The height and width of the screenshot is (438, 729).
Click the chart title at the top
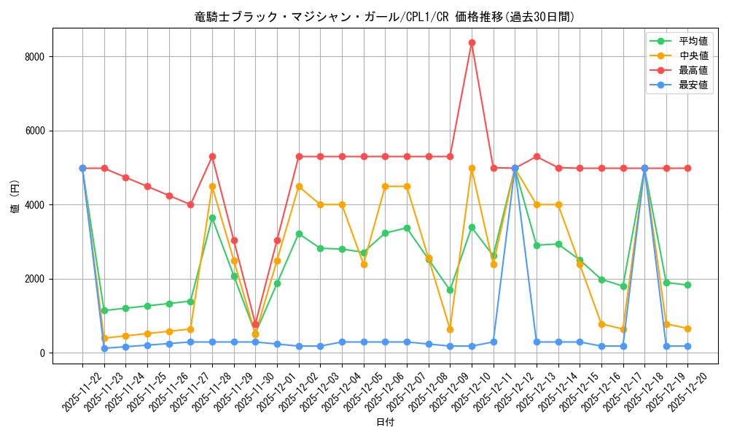coord(384,17)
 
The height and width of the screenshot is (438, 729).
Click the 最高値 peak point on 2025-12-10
coord(472,42)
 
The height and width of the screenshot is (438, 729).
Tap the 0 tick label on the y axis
coord(42,353)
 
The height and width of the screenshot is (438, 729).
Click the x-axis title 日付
coord(385,423)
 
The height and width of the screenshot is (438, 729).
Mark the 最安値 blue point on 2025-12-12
coord(515,168)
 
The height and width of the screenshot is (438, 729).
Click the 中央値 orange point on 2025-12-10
coord(472,168)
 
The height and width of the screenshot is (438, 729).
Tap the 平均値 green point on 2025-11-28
coord(212,218)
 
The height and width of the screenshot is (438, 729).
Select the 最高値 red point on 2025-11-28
coord(212,156)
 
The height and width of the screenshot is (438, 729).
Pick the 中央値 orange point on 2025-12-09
coord(451,329)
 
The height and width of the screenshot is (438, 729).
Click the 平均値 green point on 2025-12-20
coord(688,285)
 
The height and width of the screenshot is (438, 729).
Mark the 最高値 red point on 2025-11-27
coord(191,204)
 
